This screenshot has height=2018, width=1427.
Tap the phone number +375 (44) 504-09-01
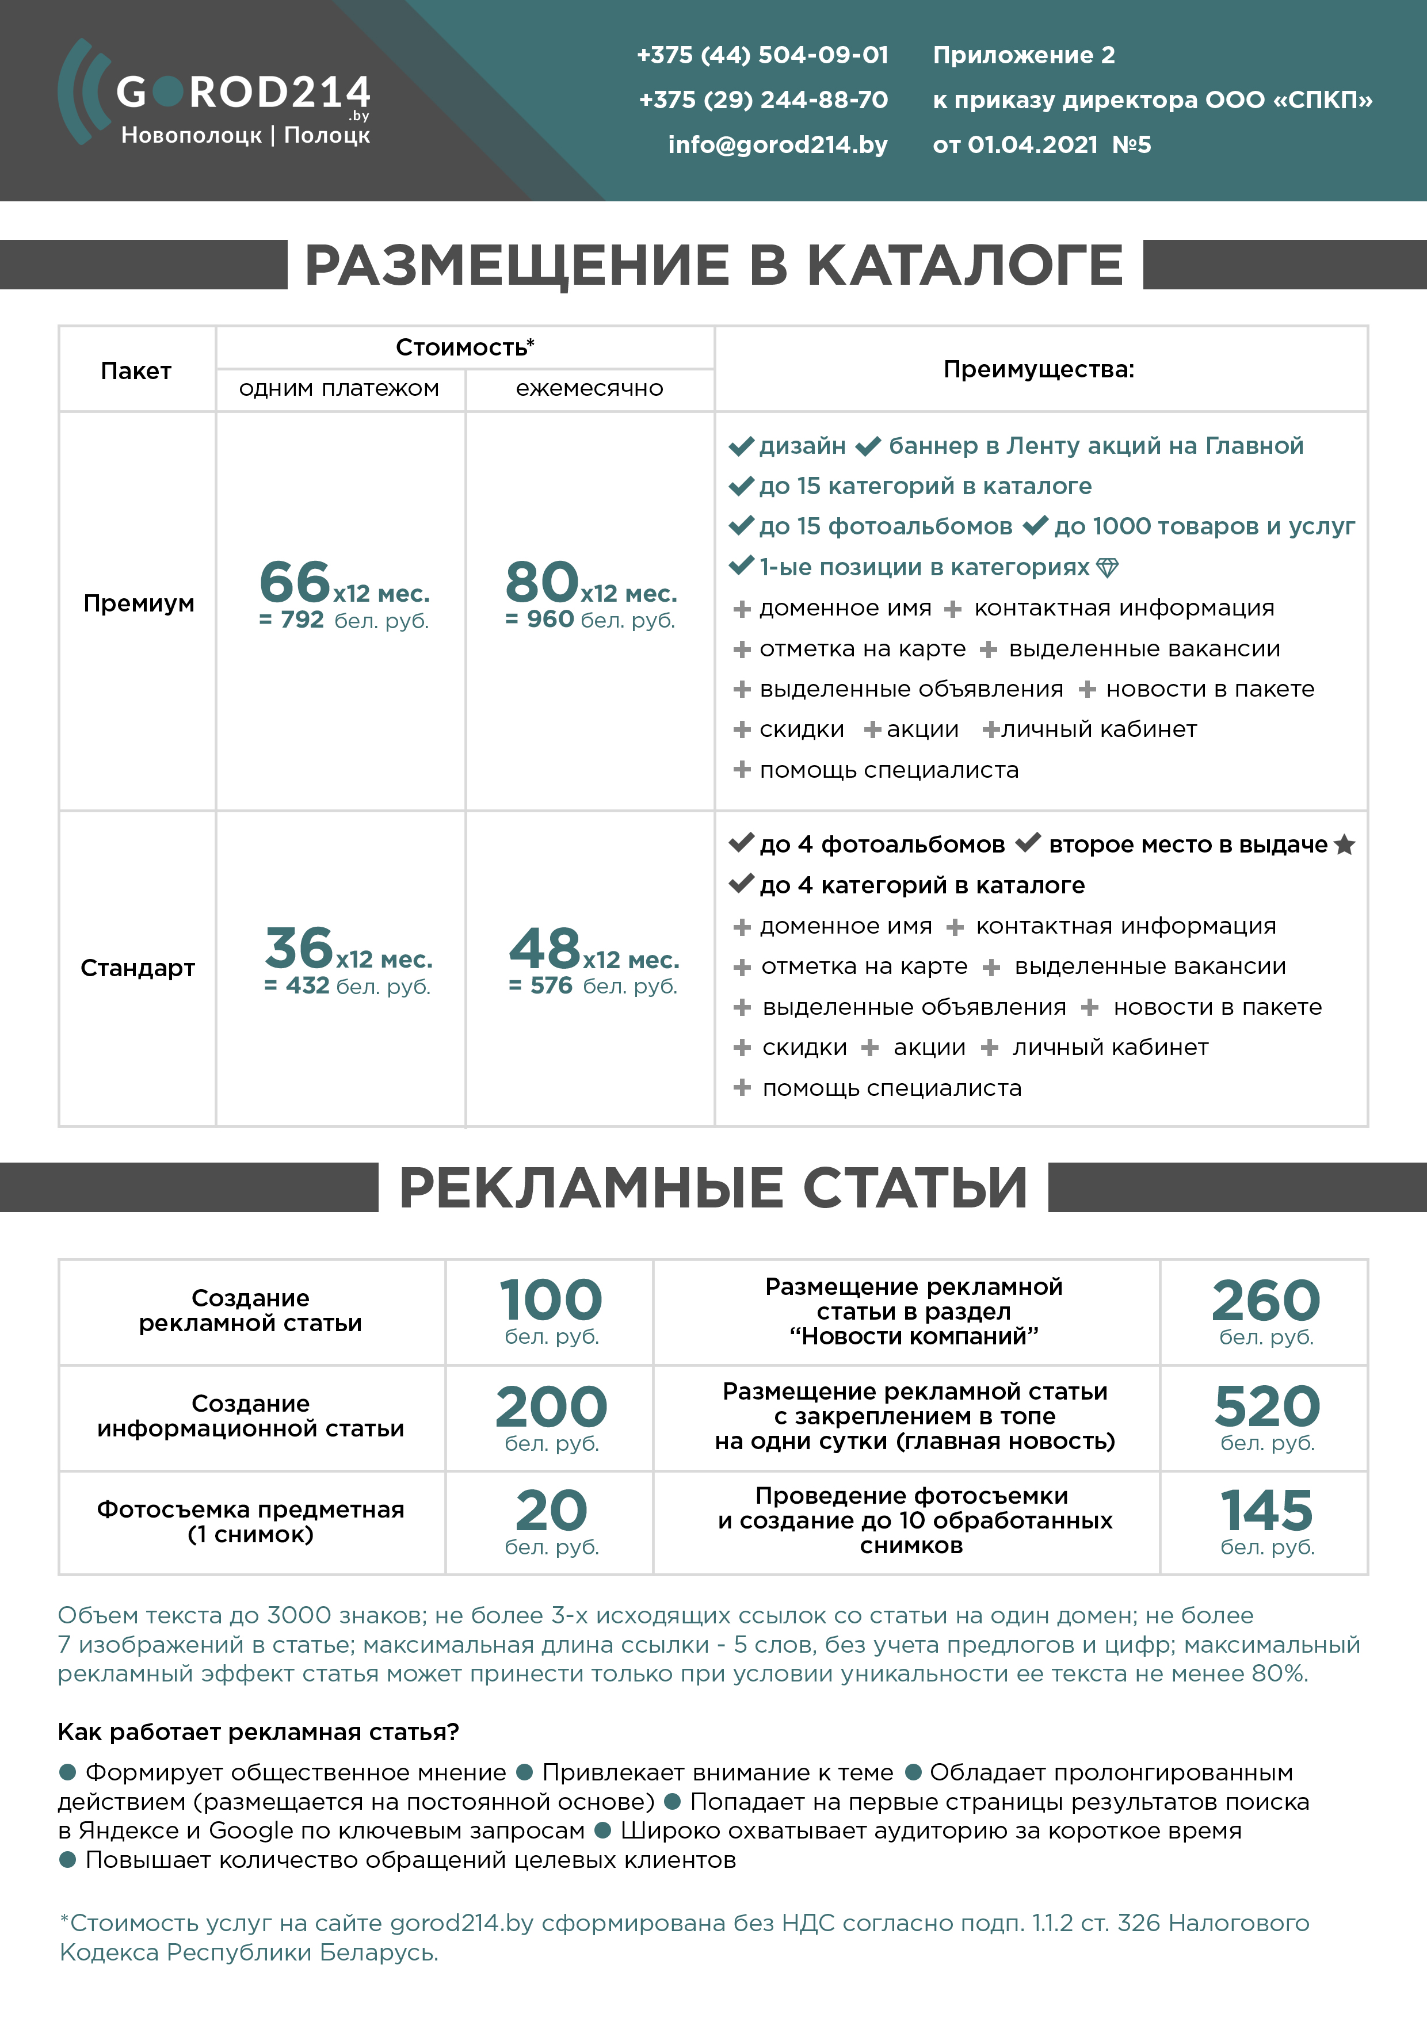point(762,55)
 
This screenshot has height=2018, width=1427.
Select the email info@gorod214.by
point(777,145)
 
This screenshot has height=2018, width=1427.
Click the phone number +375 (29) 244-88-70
point(763,100)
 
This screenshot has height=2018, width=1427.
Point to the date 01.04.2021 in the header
point(1032,145)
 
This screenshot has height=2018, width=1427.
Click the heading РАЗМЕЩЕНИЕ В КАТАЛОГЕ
point(714,265)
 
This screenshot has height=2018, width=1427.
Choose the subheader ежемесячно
point(589,388)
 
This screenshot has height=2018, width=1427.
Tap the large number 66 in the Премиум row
point(295,582)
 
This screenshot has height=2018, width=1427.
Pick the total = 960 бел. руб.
point(590,620)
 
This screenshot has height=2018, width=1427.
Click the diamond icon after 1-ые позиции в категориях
point(1108,568)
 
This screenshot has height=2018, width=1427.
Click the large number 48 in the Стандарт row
point(545,949)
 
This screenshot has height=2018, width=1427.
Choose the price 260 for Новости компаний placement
point(1266,1301)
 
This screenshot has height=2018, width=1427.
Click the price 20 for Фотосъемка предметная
point(551,1511)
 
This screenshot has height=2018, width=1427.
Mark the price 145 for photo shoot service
point(1266,1511)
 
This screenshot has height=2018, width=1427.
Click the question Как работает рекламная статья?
point(258,1732)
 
